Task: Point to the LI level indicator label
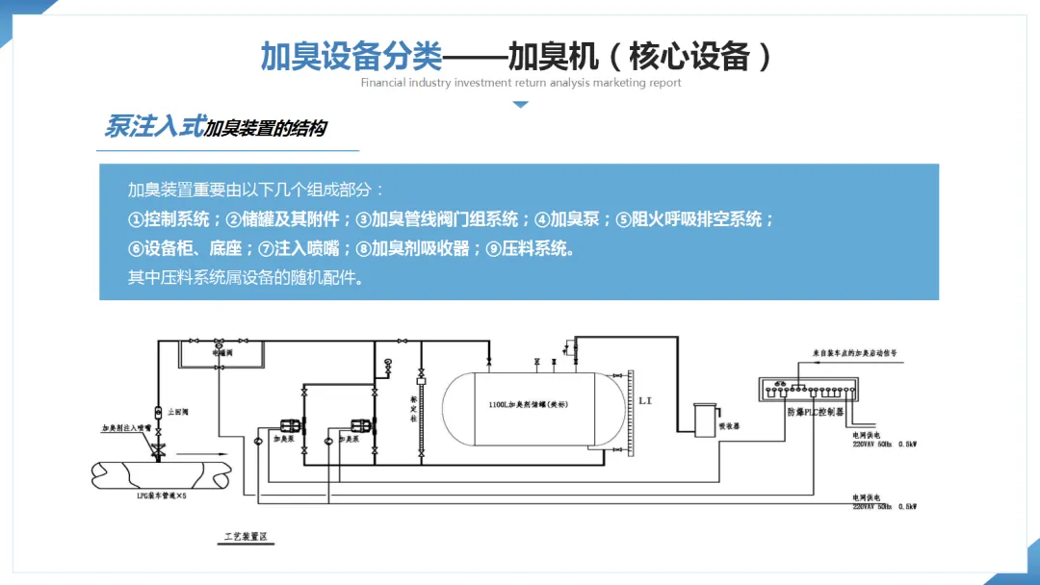pos(644,399)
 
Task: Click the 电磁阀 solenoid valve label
pos(222,354)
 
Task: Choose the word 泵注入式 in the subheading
pos(154,126)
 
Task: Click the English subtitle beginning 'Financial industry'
pos(521,83)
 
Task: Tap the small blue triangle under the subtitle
pos(520,104)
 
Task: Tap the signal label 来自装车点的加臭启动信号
pos(855,353)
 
